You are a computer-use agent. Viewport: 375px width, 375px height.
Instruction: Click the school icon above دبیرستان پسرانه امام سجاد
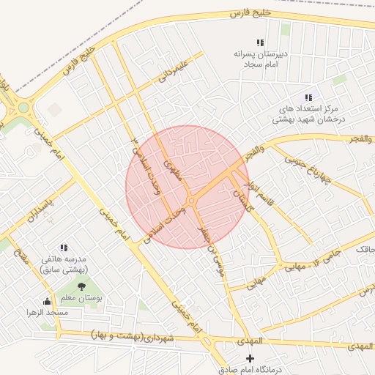pos(260,43)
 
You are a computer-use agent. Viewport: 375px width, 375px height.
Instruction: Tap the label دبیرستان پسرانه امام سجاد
pos(258,59)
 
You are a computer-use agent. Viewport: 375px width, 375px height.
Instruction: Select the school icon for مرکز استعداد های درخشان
pos(308,97)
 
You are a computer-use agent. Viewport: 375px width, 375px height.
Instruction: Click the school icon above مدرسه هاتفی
pos(64,248)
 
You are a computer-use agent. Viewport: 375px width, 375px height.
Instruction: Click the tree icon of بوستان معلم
pos(81,286)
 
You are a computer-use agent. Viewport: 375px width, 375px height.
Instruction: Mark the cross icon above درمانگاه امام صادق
pos(251,358)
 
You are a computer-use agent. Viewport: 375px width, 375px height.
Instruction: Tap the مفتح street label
pos(20,257)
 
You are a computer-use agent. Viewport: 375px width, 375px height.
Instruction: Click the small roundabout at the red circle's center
pos(190,200)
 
